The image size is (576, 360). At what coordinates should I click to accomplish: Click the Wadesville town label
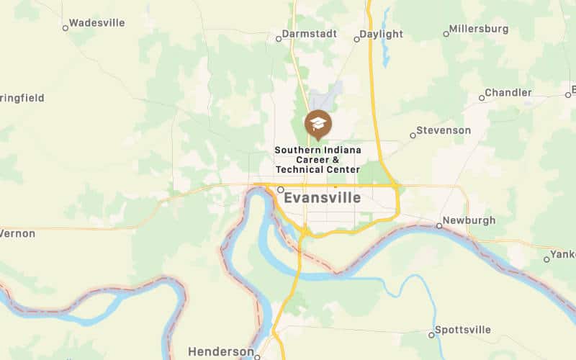click(x=96, y=23)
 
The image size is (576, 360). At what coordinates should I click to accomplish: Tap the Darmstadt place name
click(x=310, y=34)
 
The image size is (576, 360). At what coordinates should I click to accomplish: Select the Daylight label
click(x=381, y=34)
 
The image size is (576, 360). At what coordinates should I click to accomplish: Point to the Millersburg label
click(x=478, y=30)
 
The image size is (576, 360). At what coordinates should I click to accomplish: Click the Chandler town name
click(x=508, y=93)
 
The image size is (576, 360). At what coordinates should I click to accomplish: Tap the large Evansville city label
click(x=322, y=198)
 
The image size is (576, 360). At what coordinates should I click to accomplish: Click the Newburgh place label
click(x=470, y=220)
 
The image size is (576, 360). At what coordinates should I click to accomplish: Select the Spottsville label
click(x=464, y=330)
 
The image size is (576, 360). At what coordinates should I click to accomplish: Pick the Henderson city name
click(x=220, y=351)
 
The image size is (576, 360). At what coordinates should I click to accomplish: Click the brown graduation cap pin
click(x=318, y=124)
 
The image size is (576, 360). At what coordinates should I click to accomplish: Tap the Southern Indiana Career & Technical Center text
click(x=318, y=159)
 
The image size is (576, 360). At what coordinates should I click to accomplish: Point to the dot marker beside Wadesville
click(x=65, y=28)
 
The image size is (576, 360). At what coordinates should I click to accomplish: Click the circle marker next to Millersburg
click(x=446, y=34)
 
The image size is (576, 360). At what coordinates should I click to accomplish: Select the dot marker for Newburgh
click(x=439, y=226)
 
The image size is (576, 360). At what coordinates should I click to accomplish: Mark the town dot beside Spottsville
click(x=431, y=335)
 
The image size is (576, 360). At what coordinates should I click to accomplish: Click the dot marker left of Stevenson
click(x=413, y=135)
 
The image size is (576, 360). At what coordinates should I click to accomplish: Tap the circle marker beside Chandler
click(x=482, y=97)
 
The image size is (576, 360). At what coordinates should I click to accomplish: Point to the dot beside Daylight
click(x=356, y=39)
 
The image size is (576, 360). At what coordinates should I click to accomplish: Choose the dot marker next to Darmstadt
click(x=279, y=38)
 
